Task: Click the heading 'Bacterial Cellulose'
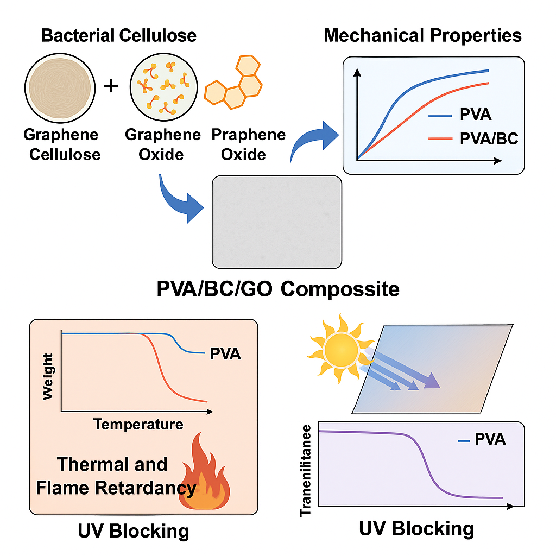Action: point(118,36)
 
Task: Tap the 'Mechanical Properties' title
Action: point(422,36)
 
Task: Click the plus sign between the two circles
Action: point(111,85)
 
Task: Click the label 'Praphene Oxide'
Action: point(248,144)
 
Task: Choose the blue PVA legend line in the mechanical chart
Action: point(440,116)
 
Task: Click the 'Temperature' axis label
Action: point(138,424)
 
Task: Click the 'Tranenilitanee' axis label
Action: point(306,469)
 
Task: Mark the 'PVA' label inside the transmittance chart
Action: point(490,439)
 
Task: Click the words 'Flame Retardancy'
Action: point(116,488)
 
